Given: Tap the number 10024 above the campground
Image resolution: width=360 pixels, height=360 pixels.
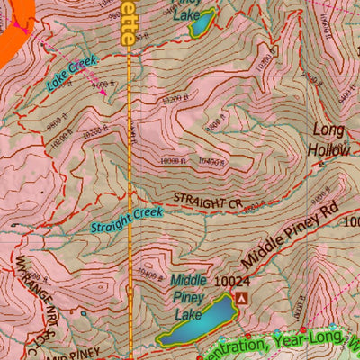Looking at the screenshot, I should tap(231, 281).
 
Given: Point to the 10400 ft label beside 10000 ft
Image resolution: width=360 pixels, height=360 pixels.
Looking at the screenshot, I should tap(211, 162).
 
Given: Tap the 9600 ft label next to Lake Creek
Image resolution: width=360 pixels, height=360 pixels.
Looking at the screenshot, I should tap(101, 83).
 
